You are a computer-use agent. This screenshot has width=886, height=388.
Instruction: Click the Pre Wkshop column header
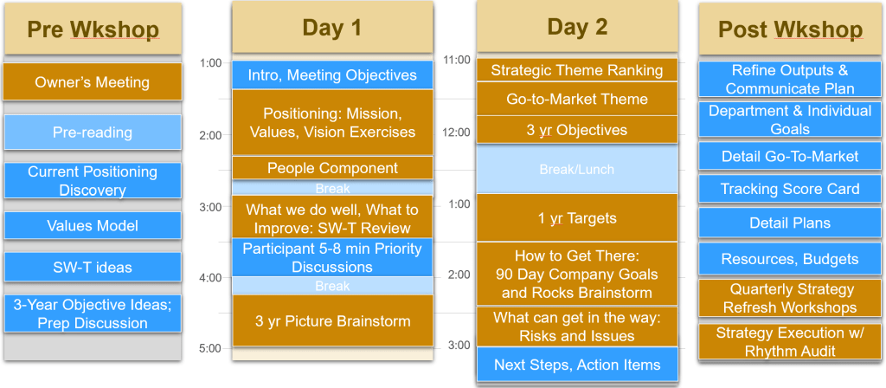[x=93, y=29]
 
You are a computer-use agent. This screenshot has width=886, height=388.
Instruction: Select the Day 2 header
[x=577, y=27]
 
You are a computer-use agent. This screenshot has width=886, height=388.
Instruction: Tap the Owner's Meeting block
[x=92, y=82]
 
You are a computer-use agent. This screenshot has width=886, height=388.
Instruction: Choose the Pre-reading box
[x=93, y=133]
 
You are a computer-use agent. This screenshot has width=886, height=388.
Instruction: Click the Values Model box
[x=93, y=226]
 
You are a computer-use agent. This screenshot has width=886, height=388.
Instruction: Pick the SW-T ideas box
[x=93, y=267]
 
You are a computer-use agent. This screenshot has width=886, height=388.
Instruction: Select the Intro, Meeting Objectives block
[x=332, y=75]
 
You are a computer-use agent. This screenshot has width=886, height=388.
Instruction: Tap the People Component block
[x=332, y=168]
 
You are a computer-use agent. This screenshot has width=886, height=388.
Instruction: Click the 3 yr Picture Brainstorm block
[x=332, y=321]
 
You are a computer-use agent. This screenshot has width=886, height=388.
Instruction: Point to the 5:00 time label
[x=210, y=348]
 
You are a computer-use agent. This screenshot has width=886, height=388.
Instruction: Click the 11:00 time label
[x=457, y=60]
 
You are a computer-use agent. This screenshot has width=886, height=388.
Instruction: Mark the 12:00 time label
[x=457, y=133]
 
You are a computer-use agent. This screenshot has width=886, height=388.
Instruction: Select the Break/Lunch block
[x=577, y=169]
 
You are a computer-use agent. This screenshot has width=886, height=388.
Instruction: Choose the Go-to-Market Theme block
[x=577, y=99]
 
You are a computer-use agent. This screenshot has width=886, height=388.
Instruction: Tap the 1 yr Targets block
[x=577, y=218]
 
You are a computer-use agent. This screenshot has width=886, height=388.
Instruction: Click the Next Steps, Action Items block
[x=577, y=365]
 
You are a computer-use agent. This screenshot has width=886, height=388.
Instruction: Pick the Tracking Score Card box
[x=790, y=189]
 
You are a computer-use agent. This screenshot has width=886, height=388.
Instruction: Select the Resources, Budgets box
[x=790, y=259]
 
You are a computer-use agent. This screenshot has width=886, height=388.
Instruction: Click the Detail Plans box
[x=790, y=223]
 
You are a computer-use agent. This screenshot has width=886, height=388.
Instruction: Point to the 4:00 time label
[x=210, y=278]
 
